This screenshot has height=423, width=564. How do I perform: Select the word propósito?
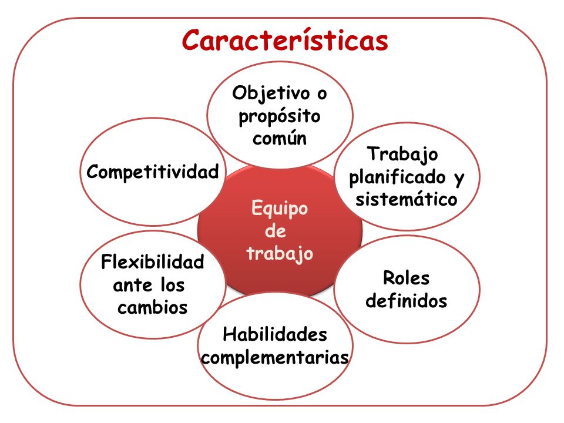click(x=280, y=116)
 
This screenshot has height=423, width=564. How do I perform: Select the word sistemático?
click(x=406, y=199)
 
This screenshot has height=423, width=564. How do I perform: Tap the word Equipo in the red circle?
click(x=279, y=209)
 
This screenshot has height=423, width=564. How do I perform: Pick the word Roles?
click(x=406, y=278)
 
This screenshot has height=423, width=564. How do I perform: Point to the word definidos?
click(x=406, y=301)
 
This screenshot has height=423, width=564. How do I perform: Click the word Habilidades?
click(x=275, y=335)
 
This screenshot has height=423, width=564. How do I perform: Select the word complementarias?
click(x=275, y=357)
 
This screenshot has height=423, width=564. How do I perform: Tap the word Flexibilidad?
click(x=153, y=262)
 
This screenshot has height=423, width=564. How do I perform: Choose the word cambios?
click(x=153, y=307)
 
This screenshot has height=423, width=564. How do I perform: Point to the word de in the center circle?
click(x=276, y=231)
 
